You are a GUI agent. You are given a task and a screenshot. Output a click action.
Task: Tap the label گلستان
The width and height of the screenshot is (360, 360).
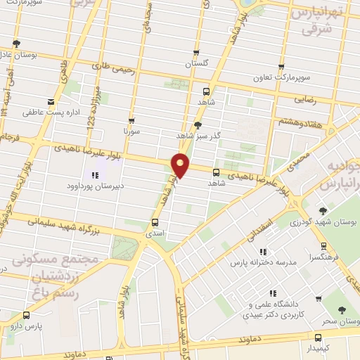(x=198, y=64)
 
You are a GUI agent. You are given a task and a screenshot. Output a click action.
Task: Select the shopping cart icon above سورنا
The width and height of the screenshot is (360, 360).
(x=131, y=120)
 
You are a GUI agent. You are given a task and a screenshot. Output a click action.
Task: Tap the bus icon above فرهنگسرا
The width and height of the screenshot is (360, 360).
(x=324, y=246)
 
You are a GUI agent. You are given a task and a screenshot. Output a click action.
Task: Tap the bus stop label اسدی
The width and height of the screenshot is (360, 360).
(x=154, y=232)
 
